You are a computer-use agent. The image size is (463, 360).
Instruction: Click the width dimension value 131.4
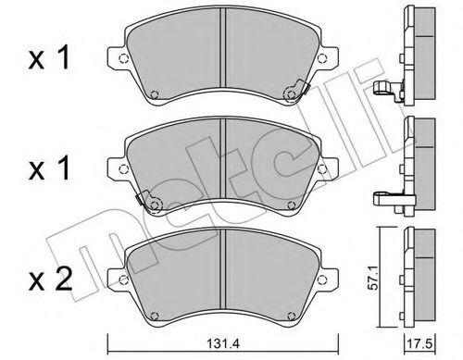click(223, 343)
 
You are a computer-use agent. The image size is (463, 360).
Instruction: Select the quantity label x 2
click(50, 279)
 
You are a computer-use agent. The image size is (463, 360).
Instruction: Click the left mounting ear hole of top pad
click(123, 57)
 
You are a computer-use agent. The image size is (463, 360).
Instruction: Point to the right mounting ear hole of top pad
click(321, 57)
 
